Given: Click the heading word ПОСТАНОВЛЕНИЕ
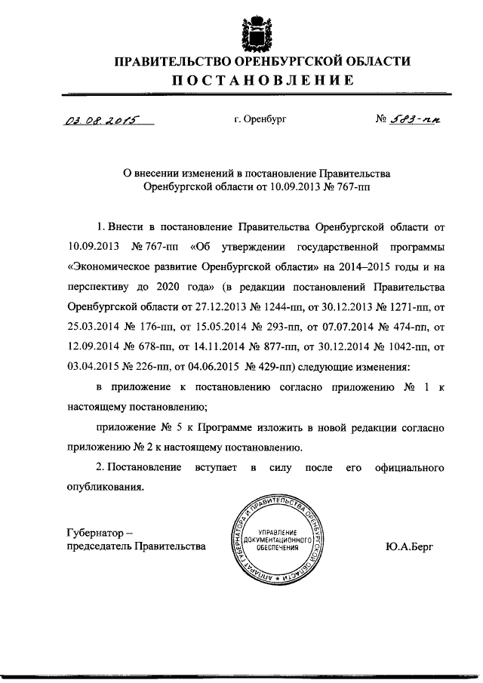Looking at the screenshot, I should (x=262, y=82).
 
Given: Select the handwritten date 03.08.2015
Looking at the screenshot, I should (x=93, y=118).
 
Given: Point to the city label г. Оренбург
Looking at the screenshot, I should (x=260, y=119).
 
